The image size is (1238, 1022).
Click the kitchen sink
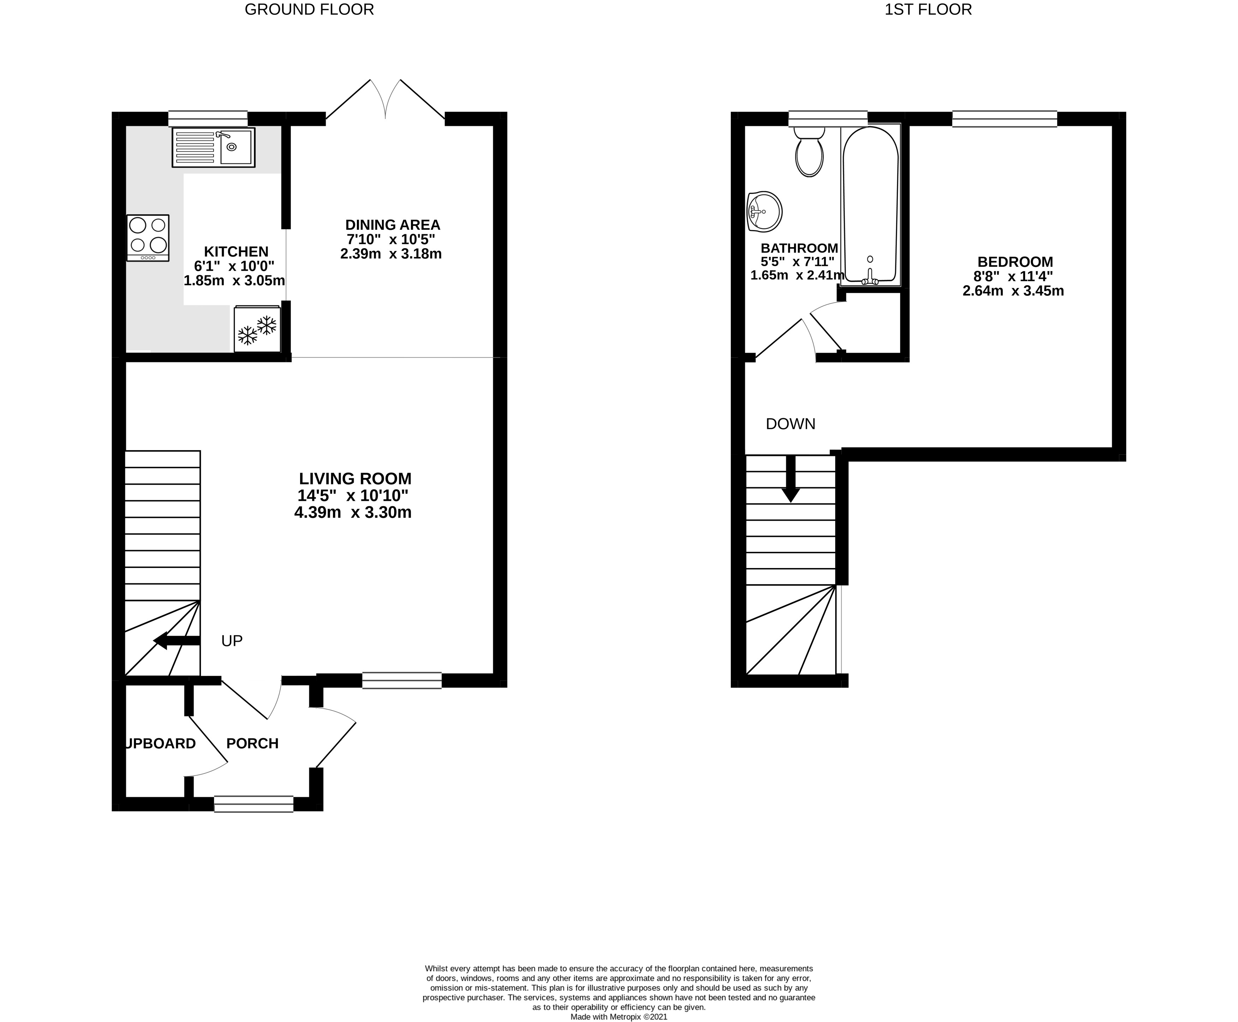click(214, 147)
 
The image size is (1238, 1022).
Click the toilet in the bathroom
click(809, 152)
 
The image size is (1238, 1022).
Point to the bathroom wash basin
click(764, 212)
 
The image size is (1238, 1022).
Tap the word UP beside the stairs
click(232, 640)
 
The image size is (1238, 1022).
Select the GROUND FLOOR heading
click(309, 10)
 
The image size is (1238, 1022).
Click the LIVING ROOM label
click(355, 479)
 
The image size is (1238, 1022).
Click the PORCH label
click(252, 743)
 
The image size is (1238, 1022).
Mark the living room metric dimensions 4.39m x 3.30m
click(353, 512)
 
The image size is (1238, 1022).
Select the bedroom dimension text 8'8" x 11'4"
click(1013, 276)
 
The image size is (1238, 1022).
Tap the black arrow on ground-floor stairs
click(177, 640)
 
